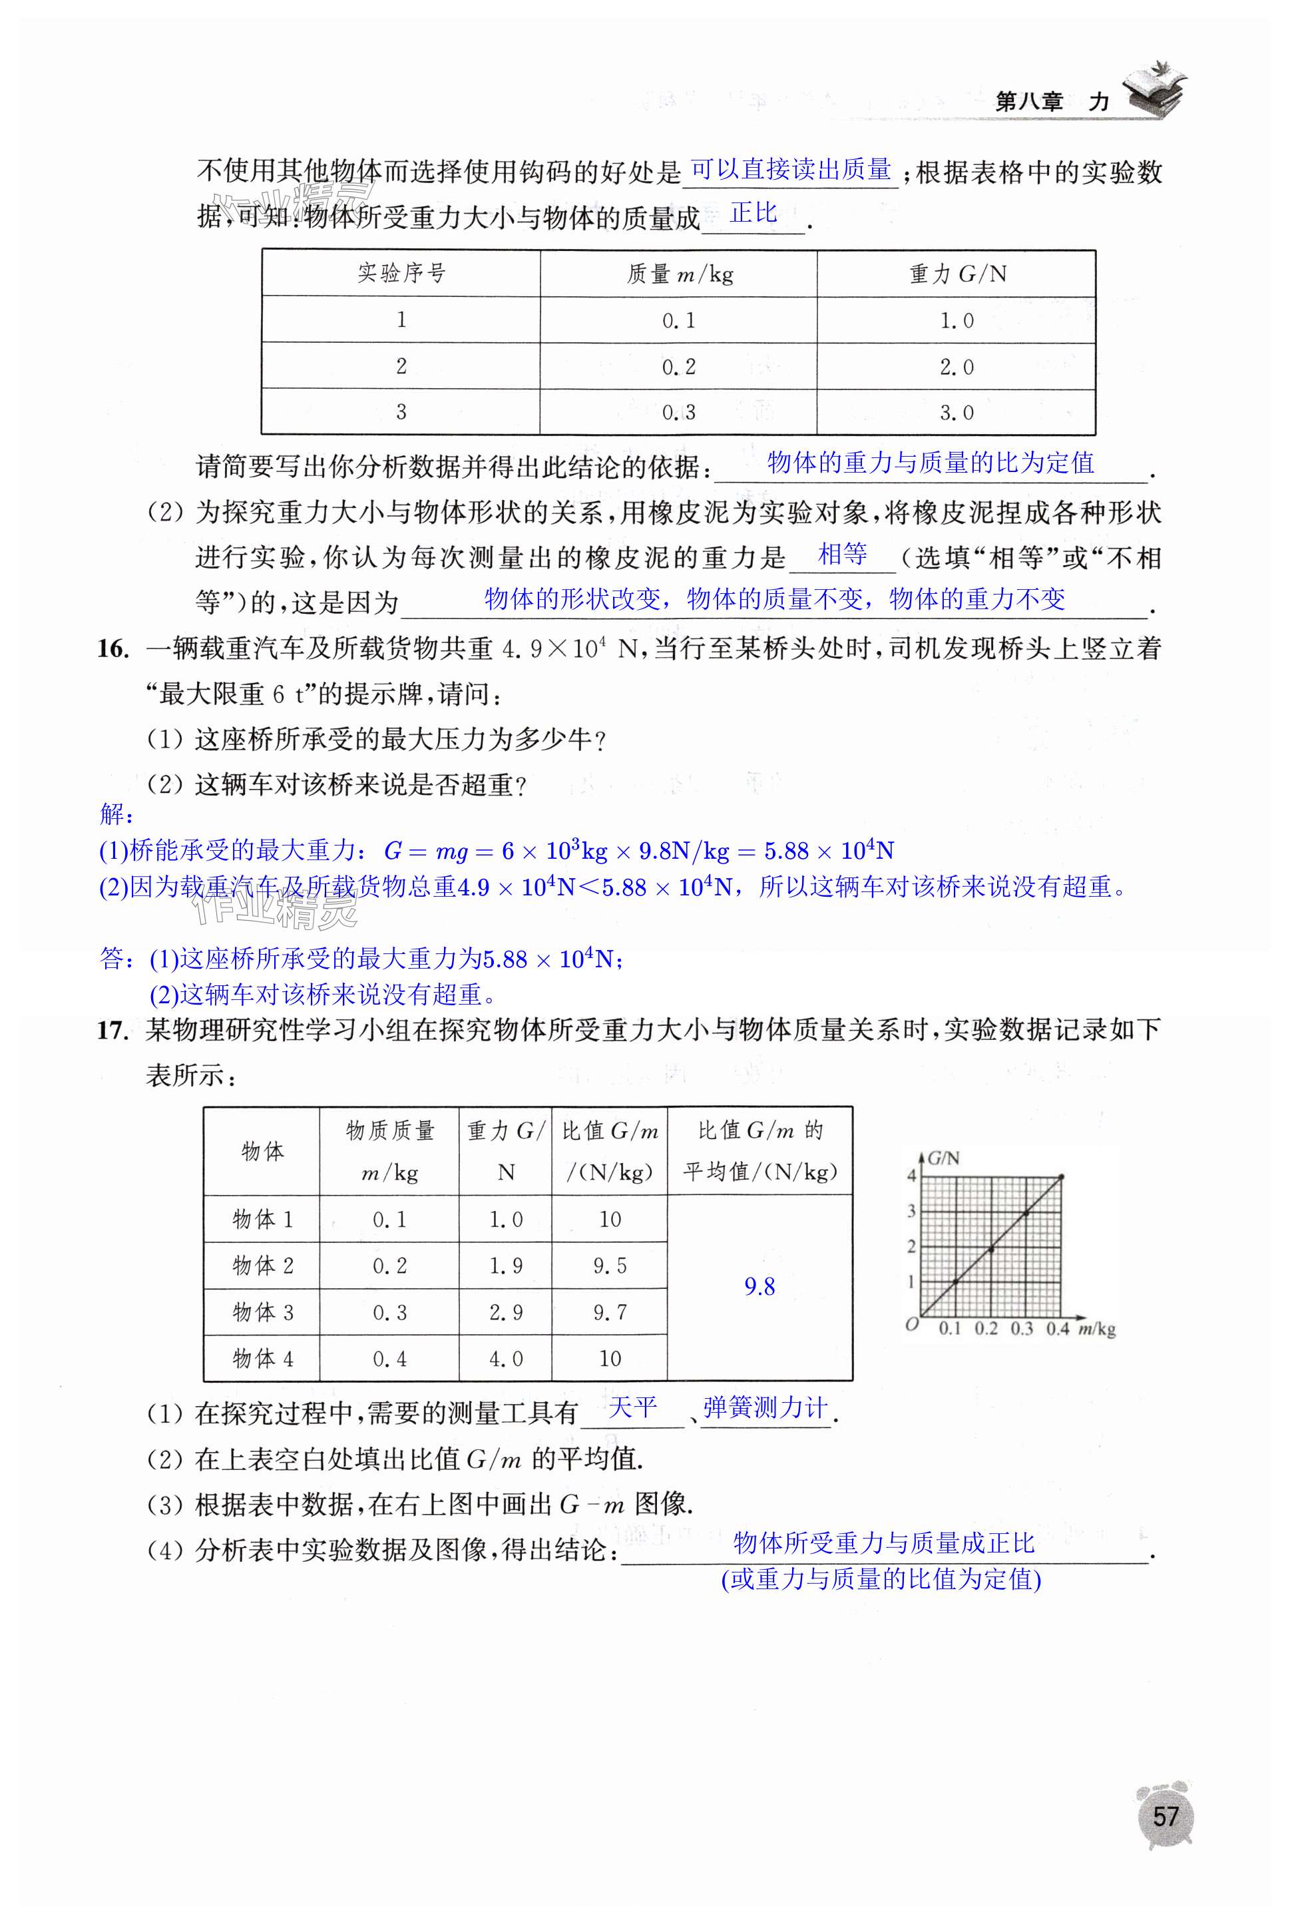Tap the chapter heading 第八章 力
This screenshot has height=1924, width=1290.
pyautogui.click(x=1052, y=102)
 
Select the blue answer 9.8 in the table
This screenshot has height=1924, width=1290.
pyautogui.click(x=759, y=1287)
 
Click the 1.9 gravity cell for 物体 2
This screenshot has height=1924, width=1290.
pyautogui.click(x=506, y=1266)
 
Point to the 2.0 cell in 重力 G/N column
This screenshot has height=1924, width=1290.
pyautogui.click(x=956, y=367)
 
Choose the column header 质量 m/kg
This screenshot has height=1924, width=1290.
pyautogui.click(x=680, y=274)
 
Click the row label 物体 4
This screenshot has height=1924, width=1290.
pyautogui.click(x=262, y=1359)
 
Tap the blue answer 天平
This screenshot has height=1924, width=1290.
pyautogui.click(x=632, y=1408)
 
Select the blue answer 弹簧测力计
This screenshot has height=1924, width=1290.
pyautogui.click(x=765, y=1408)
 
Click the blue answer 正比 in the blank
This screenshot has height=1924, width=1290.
pyautogui.click(x=753, y=213)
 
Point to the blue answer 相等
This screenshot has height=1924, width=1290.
pyautogui.click(x=843, y=555)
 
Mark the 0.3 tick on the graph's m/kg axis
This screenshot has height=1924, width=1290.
pyautogui.click(x=1022, y=1329)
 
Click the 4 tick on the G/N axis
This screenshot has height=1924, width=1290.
pyautogui.click(x=911, y=1176)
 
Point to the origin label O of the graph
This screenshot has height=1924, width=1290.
pyautogui.click(x=911, y=1324)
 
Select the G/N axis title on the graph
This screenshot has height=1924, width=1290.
pyautogui.click(x=943, y=1158)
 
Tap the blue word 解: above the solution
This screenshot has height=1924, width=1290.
pyautogui.click(x=116, y=815)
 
